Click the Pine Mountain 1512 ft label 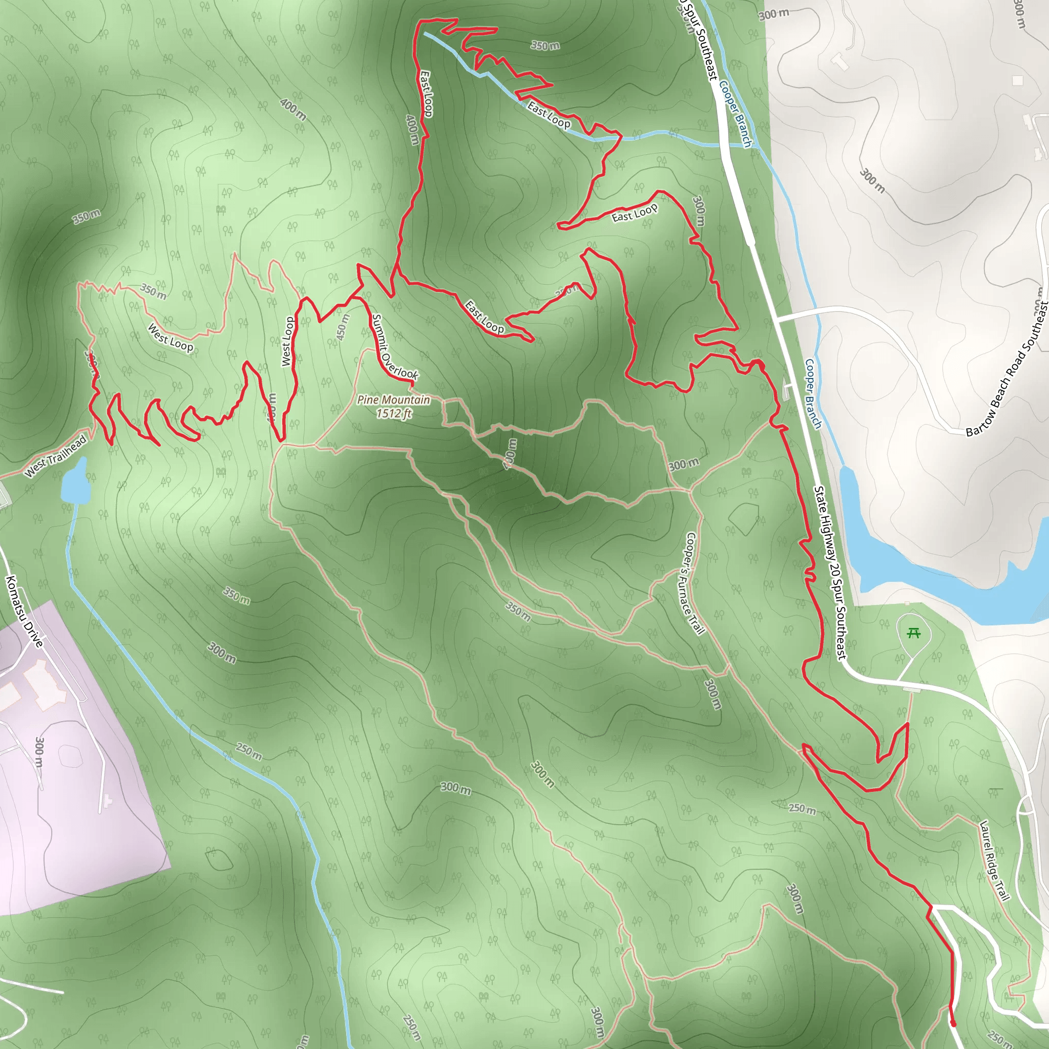coord(394,406)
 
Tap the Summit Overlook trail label coord(395,348)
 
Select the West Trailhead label coord(55,456)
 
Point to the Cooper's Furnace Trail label coord(695,584)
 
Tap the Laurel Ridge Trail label coord(994,860)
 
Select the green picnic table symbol coord(914,633)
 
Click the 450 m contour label coord(342,327)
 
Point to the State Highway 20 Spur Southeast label coord(830,573)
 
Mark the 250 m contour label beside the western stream coord(248,751)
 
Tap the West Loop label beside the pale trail coord(171,338)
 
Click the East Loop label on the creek coord(549,116)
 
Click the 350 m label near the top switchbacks coord(545,46)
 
